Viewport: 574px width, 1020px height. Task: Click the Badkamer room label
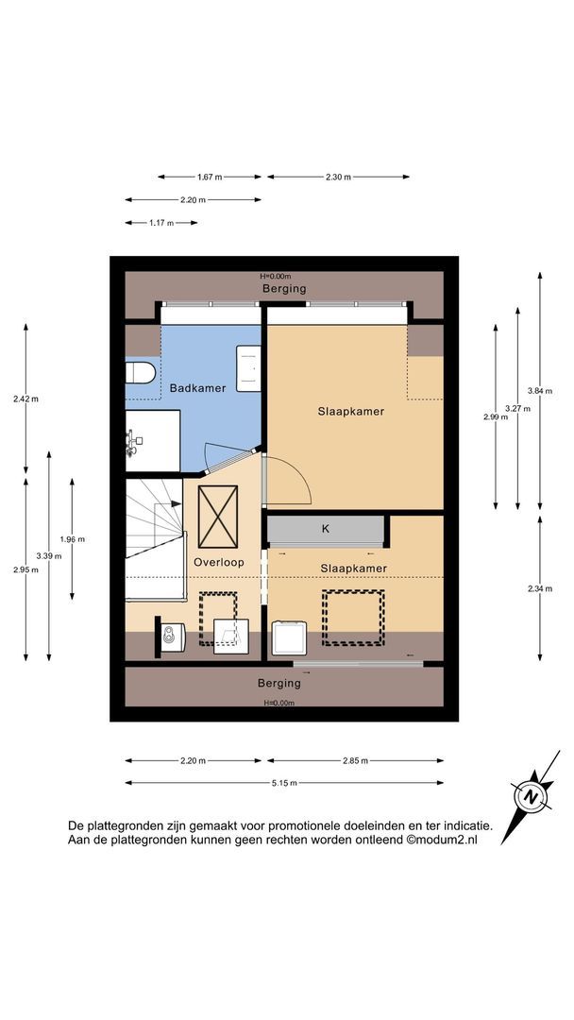pos(197,388)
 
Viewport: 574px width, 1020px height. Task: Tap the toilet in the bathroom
pos(141,373)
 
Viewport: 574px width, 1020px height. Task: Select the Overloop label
pos(219,562)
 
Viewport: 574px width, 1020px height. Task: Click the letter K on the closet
pos(326,529)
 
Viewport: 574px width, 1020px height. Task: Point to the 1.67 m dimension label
pos(210,177)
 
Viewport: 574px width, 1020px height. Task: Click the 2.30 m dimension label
pos(339,177)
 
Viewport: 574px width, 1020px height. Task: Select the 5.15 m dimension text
pos(285,783)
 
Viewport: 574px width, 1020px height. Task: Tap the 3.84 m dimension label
pos(540,391)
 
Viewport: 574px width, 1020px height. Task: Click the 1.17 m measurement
pos(161,223)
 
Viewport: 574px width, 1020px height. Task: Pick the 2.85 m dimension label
pos(356,760)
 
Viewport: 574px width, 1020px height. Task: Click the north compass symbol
pos(532,796)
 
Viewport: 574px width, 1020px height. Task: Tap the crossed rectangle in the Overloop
pos(218,518)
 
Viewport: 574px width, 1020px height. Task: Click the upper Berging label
pos(284,289)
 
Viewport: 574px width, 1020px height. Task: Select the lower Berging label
pos(279,684)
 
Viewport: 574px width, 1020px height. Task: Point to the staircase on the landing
pos(155,539)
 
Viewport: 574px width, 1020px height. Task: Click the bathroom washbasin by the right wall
pos(248,368)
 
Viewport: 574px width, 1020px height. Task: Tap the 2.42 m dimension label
pos(25,399)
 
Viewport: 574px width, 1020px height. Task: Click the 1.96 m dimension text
pos(72,539)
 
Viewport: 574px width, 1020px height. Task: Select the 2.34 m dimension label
pos(540,588)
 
